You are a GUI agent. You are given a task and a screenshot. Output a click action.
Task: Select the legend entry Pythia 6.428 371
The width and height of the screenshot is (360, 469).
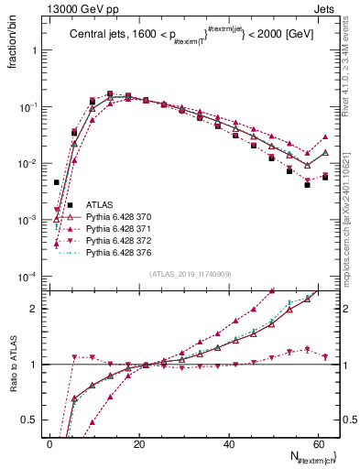[117, 229]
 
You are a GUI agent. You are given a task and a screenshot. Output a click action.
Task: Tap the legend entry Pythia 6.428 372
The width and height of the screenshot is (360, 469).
[117, 240]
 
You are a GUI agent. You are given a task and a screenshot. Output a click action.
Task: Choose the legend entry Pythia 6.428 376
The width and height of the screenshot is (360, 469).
[117, 251]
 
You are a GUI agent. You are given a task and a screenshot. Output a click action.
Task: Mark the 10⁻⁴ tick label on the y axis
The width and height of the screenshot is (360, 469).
[28, 277]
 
